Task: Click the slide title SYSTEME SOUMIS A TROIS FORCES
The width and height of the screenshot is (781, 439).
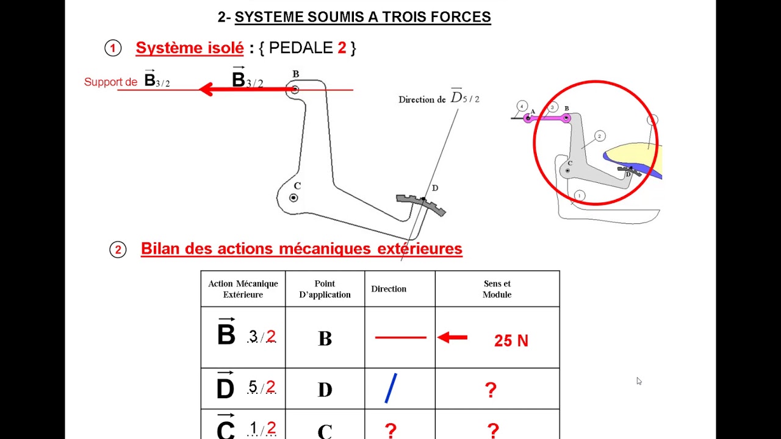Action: click(362, 17)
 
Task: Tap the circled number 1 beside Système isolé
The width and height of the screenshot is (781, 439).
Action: click(113, 48)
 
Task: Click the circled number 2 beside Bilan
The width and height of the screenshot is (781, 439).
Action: click(118, 249)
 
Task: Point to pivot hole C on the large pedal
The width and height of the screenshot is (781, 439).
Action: click(293, 198)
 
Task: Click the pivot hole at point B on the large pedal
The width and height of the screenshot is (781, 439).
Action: click(295, 90)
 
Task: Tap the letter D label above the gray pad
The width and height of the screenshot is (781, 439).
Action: click(434, 188)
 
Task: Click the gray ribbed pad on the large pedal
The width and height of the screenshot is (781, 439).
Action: click(421, 204)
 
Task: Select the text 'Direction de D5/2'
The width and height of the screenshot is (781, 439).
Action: click(439, 99)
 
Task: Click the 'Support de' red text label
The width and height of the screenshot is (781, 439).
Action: click(110, 82)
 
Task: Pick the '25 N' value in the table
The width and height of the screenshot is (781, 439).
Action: click(511, 341)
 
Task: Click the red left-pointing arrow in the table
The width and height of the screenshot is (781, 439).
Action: click(453, 337)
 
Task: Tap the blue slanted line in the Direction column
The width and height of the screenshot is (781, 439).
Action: click(391, 388)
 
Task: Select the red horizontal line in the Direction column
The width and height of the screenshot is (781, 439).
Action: click(400, 337)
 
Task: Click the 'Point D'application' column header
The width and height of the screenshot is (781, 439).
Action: click(325, 289)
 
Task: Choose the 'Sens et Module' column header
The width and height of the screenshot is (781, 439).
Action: click(497, 289)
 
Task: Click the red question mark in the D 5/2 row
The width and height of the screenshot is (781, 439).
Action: click(491, 390)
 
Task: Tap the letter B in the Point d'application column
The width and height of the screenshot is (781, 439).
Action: click(325, 339)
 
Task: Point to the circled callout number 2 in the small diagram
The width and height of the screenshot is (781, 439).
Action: click(600, 136)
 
